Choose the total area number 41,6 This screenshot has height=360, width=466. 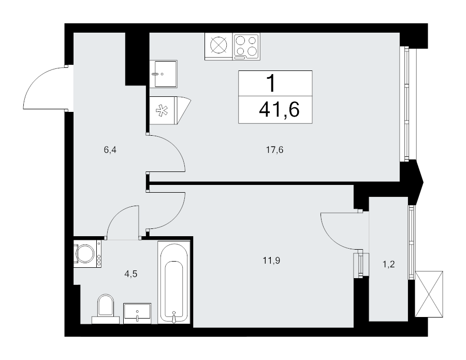[x=280, y=110]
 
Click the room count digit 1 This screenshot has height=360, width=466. [x=270, y=83]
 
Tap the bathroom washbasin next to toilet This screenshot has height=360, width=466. [x=137, y=313]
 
